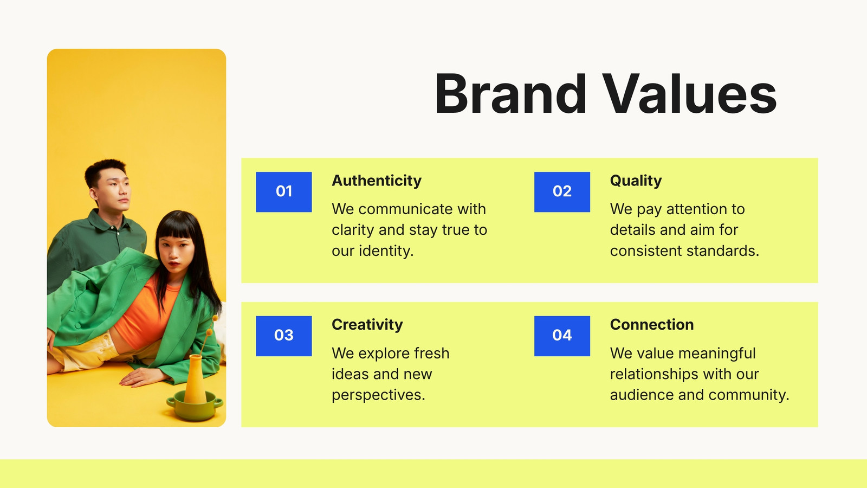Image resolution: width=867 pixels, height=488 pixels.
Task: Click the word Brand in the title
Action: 510,94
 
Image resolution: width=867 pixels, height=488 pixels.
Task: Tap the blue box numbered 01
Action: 284,192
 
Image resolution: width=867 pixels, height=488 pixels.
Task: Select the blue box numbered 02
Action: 562,192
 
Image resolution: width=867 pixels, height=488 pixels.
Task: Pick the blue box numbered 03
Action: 284,336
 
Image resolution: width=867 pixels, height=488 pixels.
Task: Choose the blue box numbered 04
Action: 562,336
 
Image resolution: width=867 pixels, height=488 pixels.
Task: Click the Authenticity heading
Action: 377,181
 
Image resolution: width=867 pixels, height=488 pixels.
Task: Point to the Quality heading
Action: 636,181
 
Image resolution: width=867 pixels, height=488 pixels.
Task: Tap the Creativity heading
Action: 367,325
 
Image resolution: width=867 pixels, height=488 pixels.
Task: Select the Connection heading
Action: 652,325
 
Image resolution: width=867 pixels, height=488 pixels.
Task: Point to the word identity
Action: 386,251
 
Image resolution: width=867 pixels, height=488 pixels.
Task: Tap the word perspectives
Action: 379,396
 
